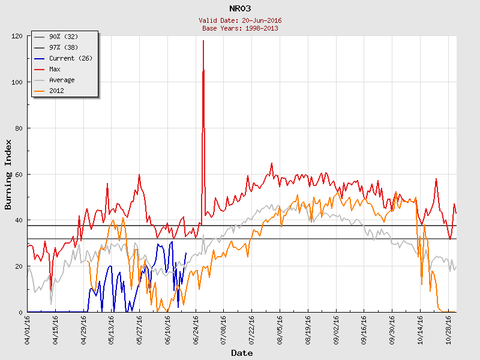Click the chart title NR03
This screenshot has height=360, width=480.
click(240, 8)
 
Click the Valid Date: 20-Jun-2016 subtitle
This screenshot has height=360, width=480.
click(240, 20)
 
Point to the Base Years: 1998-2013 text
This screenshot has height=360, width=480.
click(240, 28)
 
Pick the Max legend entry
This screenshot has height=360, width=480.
click(55, 69)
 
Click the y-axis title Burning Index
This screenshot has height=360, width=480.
click(8, 175)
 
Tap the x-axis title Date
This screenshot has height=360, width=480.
click(242, 353)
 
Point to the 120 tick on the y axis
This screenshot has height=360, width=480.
click(17, 36)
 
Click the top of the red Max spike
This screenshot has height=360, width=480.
click(203, 40)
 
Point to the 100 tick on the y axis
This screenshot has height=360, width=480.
click(17, 82)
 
